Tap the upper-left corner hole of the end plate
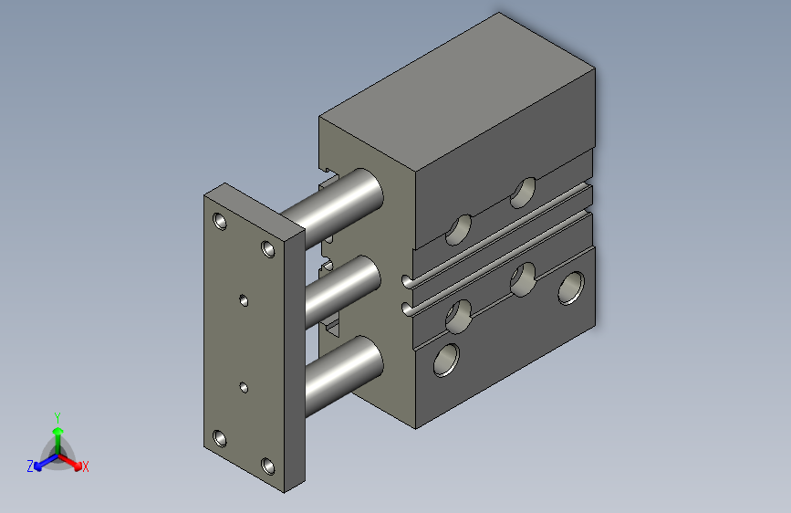[x=220, y=221]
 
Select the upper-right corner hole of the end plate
[x=268, y=249]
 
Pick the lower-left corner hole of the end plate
[x=220, y=438]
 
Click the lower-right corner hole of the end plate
[x=268, y=466]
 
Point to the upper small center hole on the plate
[x=244, y=301]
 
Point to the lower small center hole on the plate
[x=244, y=388]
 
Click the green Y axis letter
[x=57, y=418]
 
